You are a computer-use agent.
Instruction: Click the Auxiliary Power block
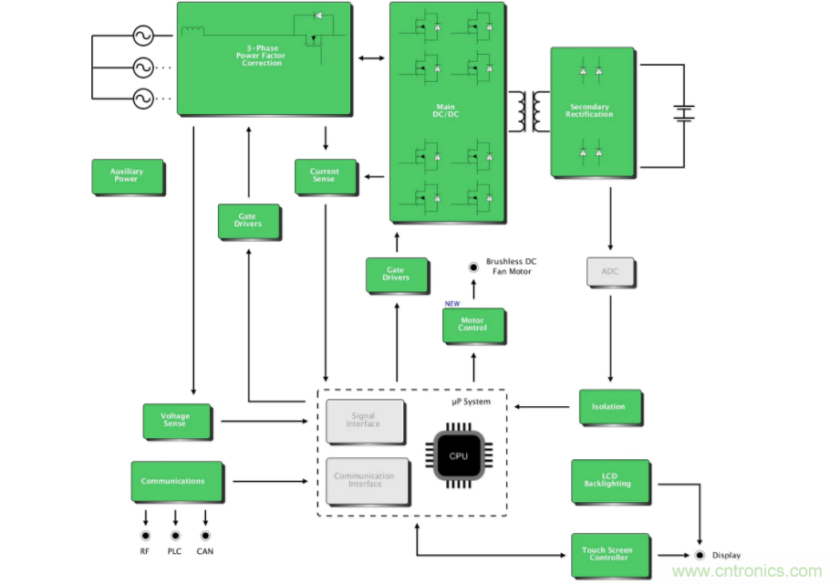pos(129,176)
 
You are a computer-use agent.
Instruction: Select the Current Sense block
pos(325,176)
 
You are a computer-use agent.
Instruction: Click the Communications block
pos(176,482)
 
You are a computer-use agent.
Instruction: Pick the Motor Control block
pos(472,326)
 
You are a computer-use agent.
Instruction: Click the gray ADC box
pos(610,271)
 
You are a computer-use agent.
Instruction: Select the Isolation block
pos(609,407)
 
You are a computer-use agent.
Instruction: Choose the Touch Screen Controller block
pos(609,553)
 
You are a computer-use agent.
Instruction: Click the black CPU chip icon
pos(458,456)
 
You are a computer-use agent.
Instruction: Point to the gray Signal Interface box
pos(364,421)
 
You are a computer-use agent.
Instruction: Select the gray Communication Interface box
pos(364,480)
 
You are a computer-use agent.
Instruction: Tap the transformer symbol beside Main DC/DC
pos(528,110)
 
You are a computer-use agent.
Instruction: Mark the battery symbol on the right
pos(684,114)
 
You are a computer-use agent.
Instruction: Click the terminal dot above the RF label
pos(144,537)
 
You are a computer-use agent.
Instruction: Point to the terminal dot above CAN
pos(205,537)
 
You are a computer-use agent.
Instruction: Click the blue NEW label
pos(452,303)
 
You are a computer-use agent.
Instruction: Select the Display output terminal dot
pos(700,555)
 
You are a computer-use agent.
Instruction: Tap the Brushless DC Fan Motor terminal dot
pos(473,267)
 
